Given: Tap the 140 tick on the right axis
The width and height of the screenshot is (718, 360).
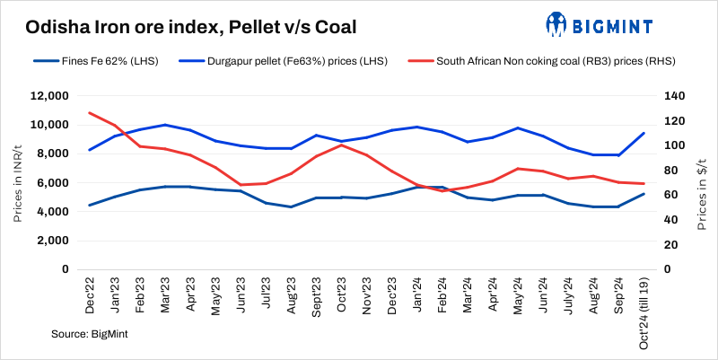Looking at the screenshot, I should (x=674, y=96).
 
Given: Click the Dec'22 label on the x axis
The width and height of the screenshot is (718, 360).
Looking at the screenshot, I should (x=90, y=293).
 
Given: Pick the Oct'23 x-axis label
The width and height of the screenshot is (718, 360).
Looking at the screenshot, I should (x=342, y=293).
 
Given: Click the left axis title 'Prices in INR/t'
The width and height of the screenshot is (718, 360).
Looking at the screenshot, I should (x=18, y=182).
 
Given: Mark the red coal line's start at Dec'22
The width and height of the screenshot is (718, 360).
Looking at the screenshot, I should (x=90, y=112).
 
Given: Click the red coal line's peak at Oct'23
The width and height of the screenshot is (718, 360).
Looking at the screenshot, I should (x=342, y=145).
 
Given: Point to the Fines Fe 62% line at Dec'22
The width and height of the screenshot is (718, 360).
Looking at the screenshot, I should (x=90, y=205).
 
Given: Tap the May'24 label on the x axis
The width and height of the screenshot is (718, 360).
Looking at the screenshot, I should (x=518, y=293).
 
